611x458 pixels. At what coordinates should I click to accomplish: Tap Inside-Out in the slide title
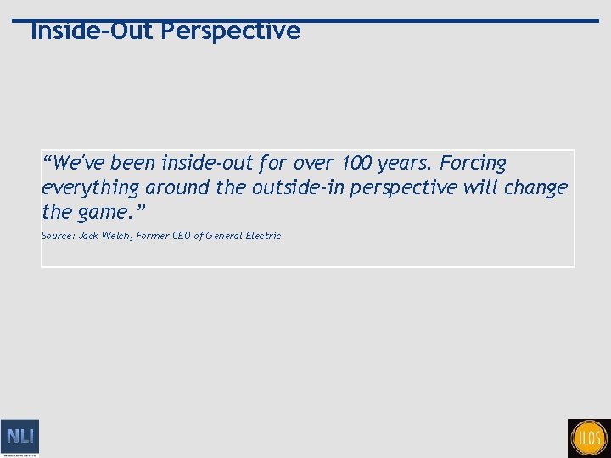(92, 31)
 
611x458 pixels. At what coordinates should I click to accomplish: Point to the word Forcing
(472, 163)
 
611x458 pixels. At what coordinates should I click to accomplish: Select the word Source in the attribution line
(58, 236)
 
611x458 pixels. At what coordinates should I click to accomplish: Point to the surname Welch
(117, 236)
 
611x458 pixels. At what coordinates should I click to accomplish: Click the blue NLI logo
(20, 437)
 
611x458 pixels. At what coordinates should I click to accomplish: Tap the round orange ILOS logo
(590, 438)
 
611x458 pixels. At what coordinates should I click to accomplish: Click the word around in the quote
(177, 187)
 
